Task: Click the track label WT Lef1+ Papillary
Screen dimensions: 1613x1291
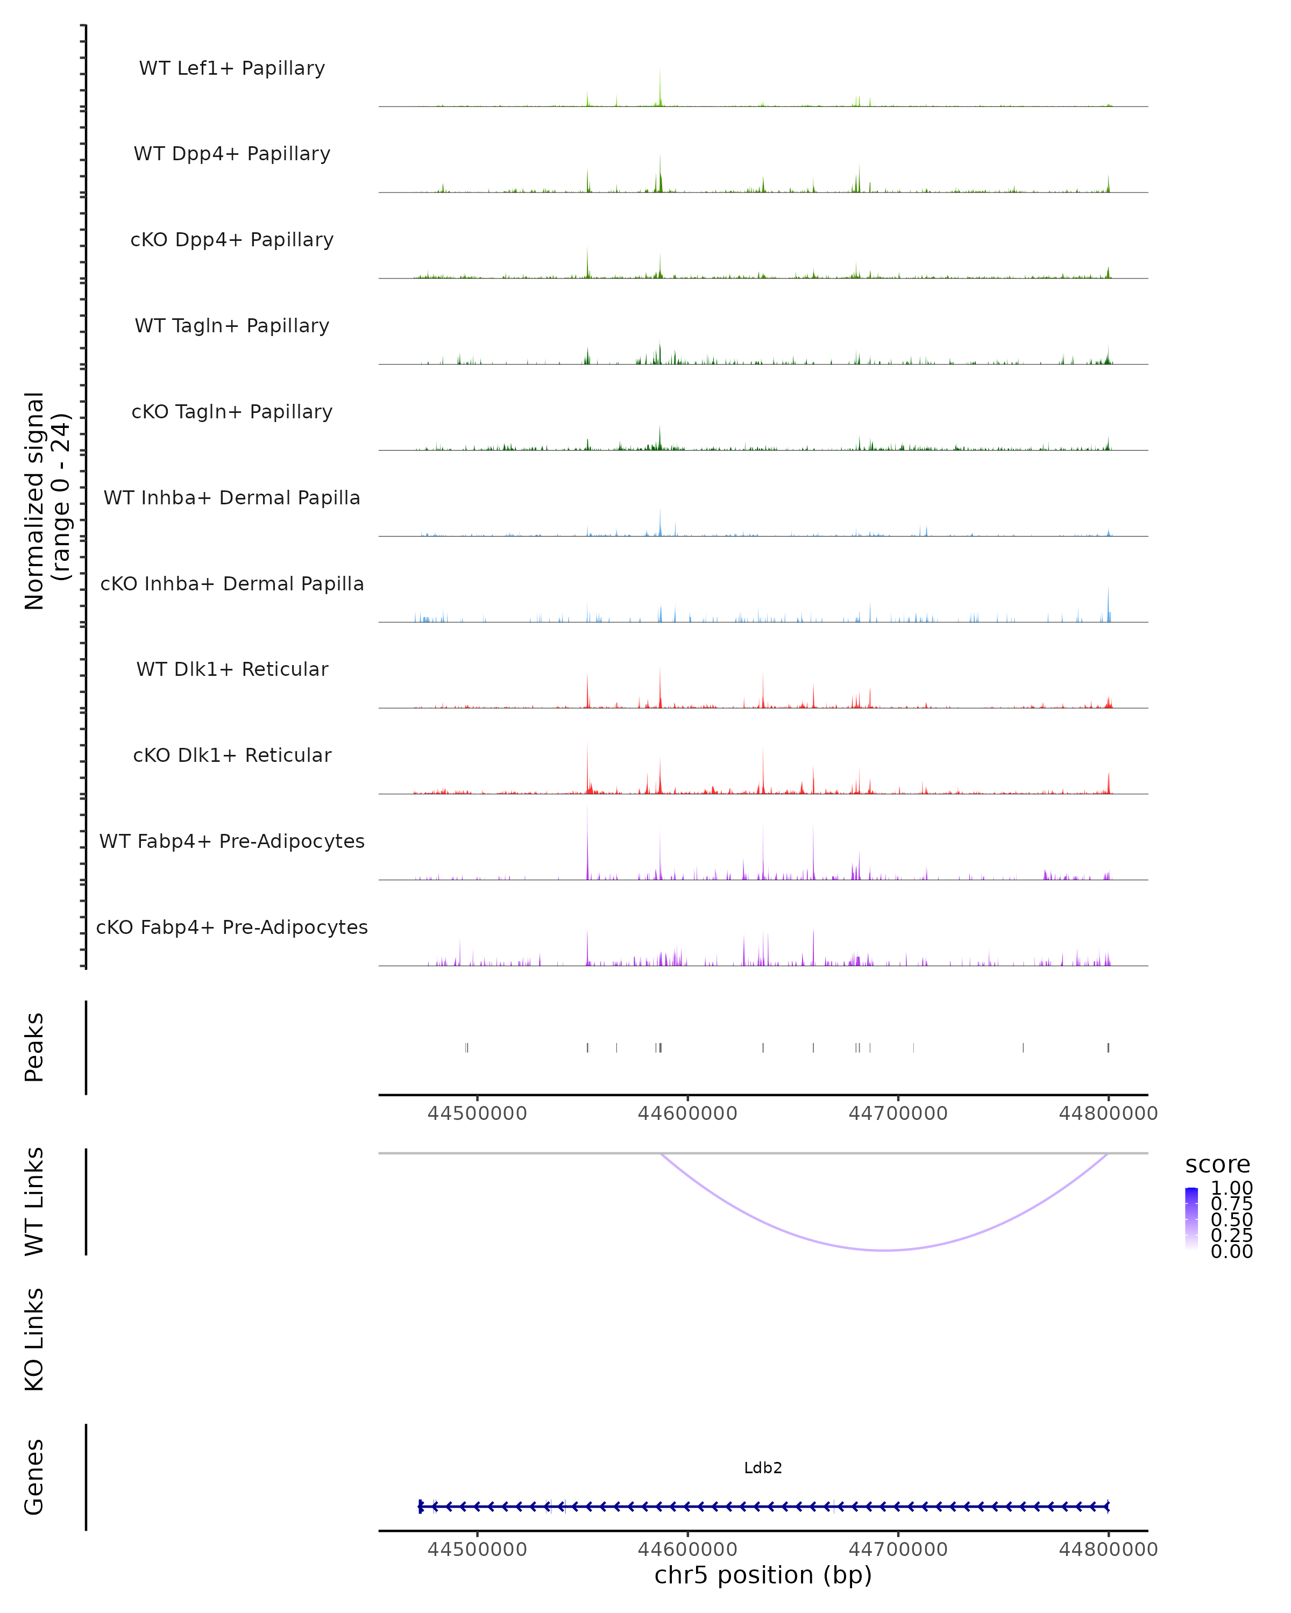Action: tap(232, 68)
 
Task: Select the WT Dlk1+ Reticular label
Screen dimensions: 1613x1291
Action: tap(232, 669)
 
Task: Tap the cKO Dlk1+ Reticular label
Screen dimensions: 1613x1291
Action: tap(232, 755)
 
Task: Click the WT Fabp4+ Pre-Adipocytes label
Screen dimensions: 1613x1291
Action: tap(232, 841)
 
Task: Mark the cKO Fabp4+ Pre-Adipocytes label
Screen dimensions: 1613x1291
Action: tap(232, 927)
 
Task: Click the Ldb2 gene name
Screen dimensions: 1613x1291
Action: tap(763, 1468)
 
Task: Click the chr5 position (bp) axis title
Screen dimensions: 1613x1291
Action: tap(763, 1575)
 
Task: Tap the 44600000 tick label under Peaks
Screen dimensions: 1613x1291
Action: tap(687, 1114)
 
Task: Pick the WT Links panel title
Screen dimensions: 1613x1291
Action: tap(34, 1202)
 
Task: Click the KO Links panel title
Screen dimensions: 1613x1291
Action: tap(34, 1340)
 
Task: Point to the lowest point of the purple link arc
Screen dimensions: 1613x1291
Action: tap(885, 1250)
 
